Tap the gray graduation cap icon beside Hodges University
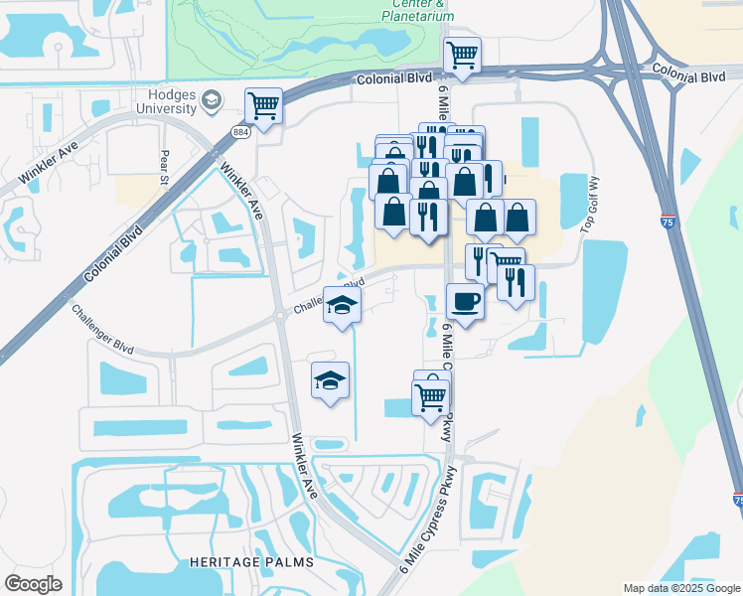pos(212,99)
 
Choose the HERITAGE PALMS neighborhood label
pos(251,562)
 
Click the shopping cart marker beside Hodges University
pos(263,105)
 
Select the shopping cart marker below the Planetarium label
pos(462,56)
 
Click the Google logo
pos(34,584)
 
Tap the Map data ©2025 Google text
pos(680,588)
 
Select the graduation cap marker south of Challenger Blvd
pos(331,380)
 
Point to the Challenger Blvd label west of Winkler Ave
pos(101,326)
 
